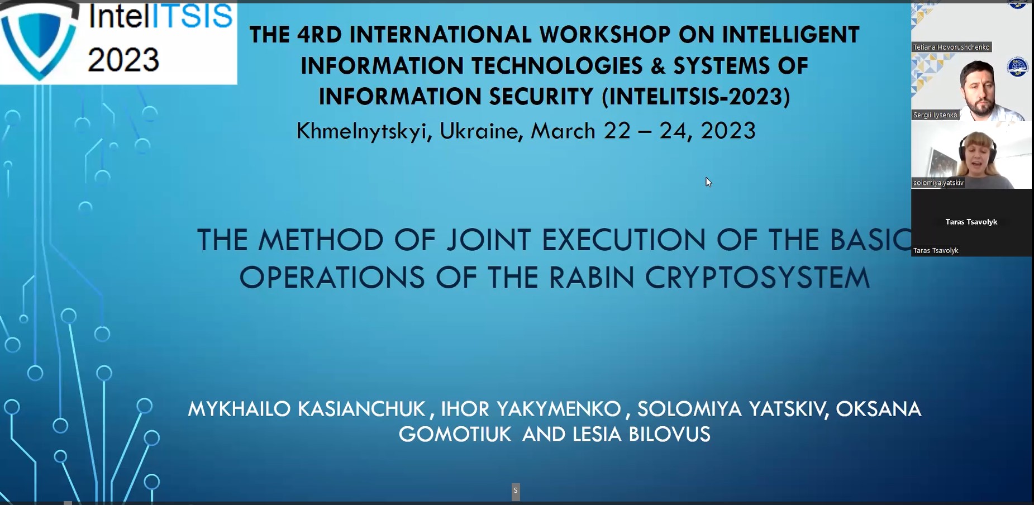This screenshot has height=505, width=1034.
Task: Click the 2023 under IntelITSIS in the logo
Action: click(123, 60)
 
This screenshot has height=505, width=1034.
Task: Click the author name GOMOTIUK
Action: click(455, 435)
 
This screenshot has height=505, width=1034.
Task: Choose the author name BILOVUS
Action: click(664, 435)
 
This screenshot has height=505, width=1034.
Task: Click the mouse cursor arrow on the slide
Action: click(708, 182)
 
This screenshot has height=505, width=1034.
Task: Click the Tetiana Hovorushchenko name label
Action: click(951, 47)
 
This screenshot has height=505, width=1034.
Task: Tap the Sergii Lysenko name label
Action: click(935, 115)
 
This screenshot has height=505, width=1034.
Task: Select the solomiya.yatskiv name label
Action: click(938, 183)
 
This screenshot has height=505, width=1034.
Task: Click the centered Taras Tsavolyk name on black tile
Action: click(971, 222)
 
